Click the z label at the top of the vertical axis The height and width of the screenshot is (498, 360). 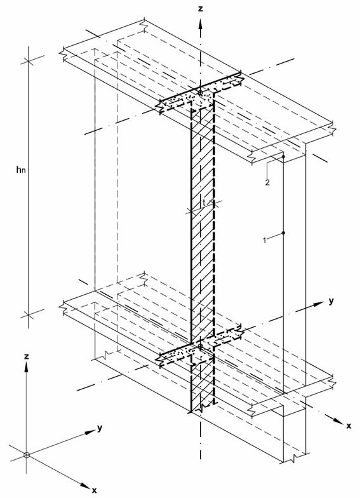[x=200, y=8]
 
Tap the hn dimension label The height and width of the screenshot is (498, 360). [x=20, y=170]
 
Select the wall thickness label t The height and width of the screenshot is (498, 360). [x=204, y=202]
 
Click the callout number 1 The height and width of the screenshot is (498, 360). [x=264, y=240]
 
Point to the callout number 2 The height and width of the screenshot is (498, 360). [x=267, y=182]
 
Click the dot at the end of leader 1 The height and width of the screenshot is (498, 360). [x=283, y=232]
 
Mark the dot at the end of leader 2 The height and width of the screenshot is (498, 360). [x=283, y=157]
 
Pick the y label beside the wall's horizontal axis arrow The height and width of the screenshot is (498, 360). [x=331, y=301]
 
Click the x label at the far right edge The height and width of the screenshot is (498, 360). [x=349, y=426]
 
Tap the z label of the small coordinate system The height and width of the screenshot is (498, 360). [x=27, y=357]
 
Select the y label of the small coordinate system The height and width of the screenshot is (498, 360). [x=100, y=428]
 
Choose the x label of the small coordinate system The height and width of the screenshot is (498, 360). [x=94, y=490]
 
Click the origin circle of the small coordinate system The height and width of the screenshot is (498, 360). [x=27, y=455]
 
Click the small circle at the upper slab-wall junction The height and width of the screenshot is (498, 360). [x=200, y=93]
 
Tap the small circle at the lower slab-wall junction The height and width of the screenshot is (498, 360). [x=200, y=346]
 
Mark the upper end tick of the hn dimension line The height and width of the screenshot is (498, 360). [x=28, y=60]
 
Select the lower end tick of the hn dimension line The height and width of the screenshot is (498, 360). [x=28, y=315]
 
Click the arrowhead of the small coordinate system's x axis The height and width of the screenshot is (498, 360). [x=84, y=485]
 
